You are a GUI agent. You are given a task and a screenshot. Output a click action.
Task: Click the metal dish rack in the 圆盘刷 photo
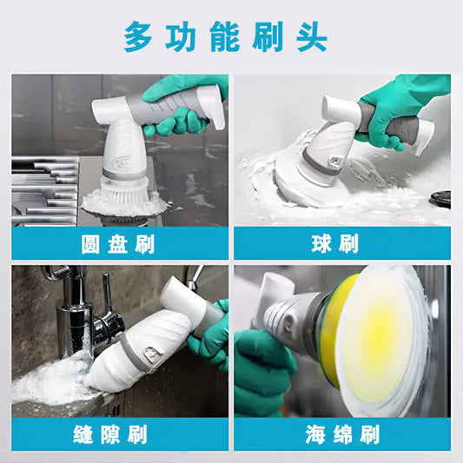(43, 187)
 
